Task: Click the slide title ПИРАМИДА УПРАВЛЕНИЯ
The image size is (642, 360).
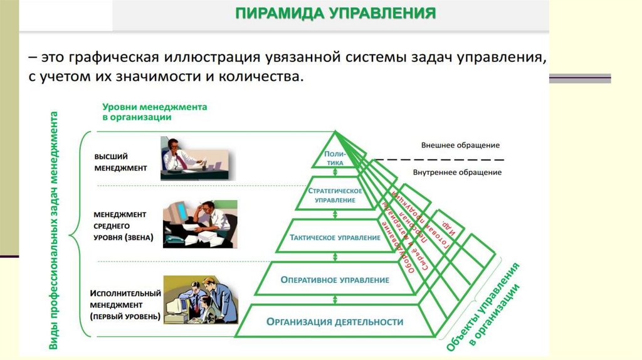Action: click(335, 13)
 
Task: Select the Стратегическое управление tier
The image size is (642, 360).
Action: click(335, 194)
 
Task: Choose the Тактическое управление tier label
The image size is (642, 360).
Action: click(335, 238)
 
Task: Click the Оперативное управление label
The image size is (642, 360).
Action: click(335, 280)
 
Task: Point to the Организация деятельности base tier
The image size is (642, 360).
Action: click(334, 322)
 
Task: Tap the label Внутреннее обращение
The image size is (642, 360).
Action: click(457, 172)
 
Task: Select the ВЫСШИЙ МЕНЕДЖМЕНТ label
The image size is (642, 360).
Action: click(120, 162)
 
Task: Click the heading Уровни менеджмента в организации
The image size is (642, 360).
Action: click(154, 112)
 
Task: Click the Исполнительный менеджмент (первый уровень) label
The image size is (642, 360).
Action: click(125, 304)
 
